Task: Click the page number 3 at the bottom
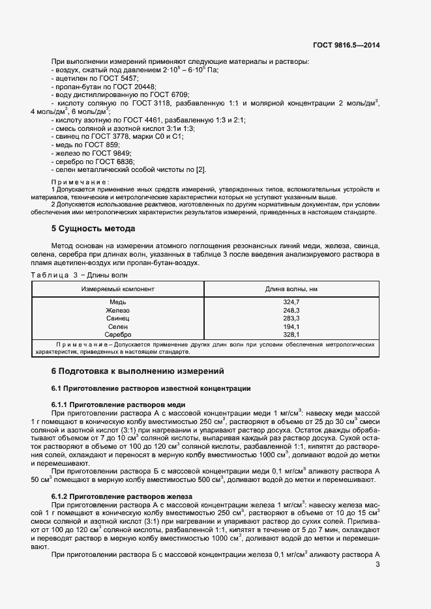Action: (378, 565)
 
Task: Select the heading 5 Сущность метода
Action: (93, 229)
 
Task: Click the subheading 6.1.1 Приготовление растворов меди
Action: (112, 404)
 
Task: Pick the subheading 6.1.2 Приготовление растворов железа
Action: (117, 496)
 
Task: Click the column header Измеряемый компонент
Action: (118, 289)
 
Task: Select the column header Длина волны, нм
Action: (291, 289)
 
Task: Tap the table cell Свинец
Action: (118, 319)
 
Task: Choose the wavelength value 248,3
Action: (291, 311)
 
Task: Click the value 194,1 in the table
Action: (291, 326)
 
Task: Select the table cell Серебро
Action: (118, 334)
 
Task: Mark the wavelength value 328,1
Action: (291, 334)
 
